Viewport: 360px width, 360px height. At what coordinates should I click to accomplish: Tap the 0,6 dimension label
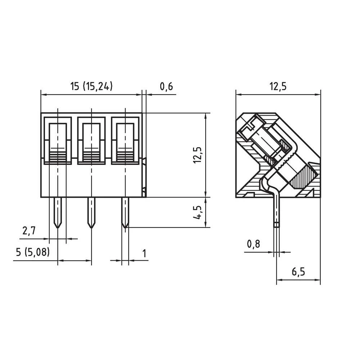tap(166, 86)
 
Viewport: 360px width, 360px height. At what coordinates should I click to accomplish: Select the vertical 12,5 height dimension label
tap(197, 155)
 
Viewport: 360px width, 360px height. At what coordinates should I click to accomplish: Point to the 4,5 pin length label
tap(197, 212)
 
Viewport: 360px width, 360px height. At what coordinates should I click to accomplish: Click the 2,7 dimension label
tap(30, 231)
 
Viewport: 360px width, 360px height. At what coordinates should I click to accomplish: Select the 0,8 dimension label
tap(253, 244)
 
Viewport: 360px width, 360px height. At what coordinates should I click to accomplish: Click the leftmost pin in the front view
tap(57, 212)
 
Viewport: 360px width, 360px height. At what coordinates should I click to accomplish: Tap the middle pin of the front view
tap(91, 212)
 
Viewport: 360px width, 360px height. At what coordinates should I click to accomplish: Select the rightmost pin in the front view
tap(125, 212)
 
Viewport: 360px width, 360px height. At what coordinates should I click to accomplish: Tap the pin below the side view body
tap(276, 212)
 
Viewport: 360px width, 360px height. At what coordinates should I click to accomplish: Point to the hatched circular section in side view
tap(304, 176)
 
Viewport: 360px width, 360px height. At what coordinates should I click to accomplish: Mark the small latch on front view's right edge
tap(144, 176)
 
